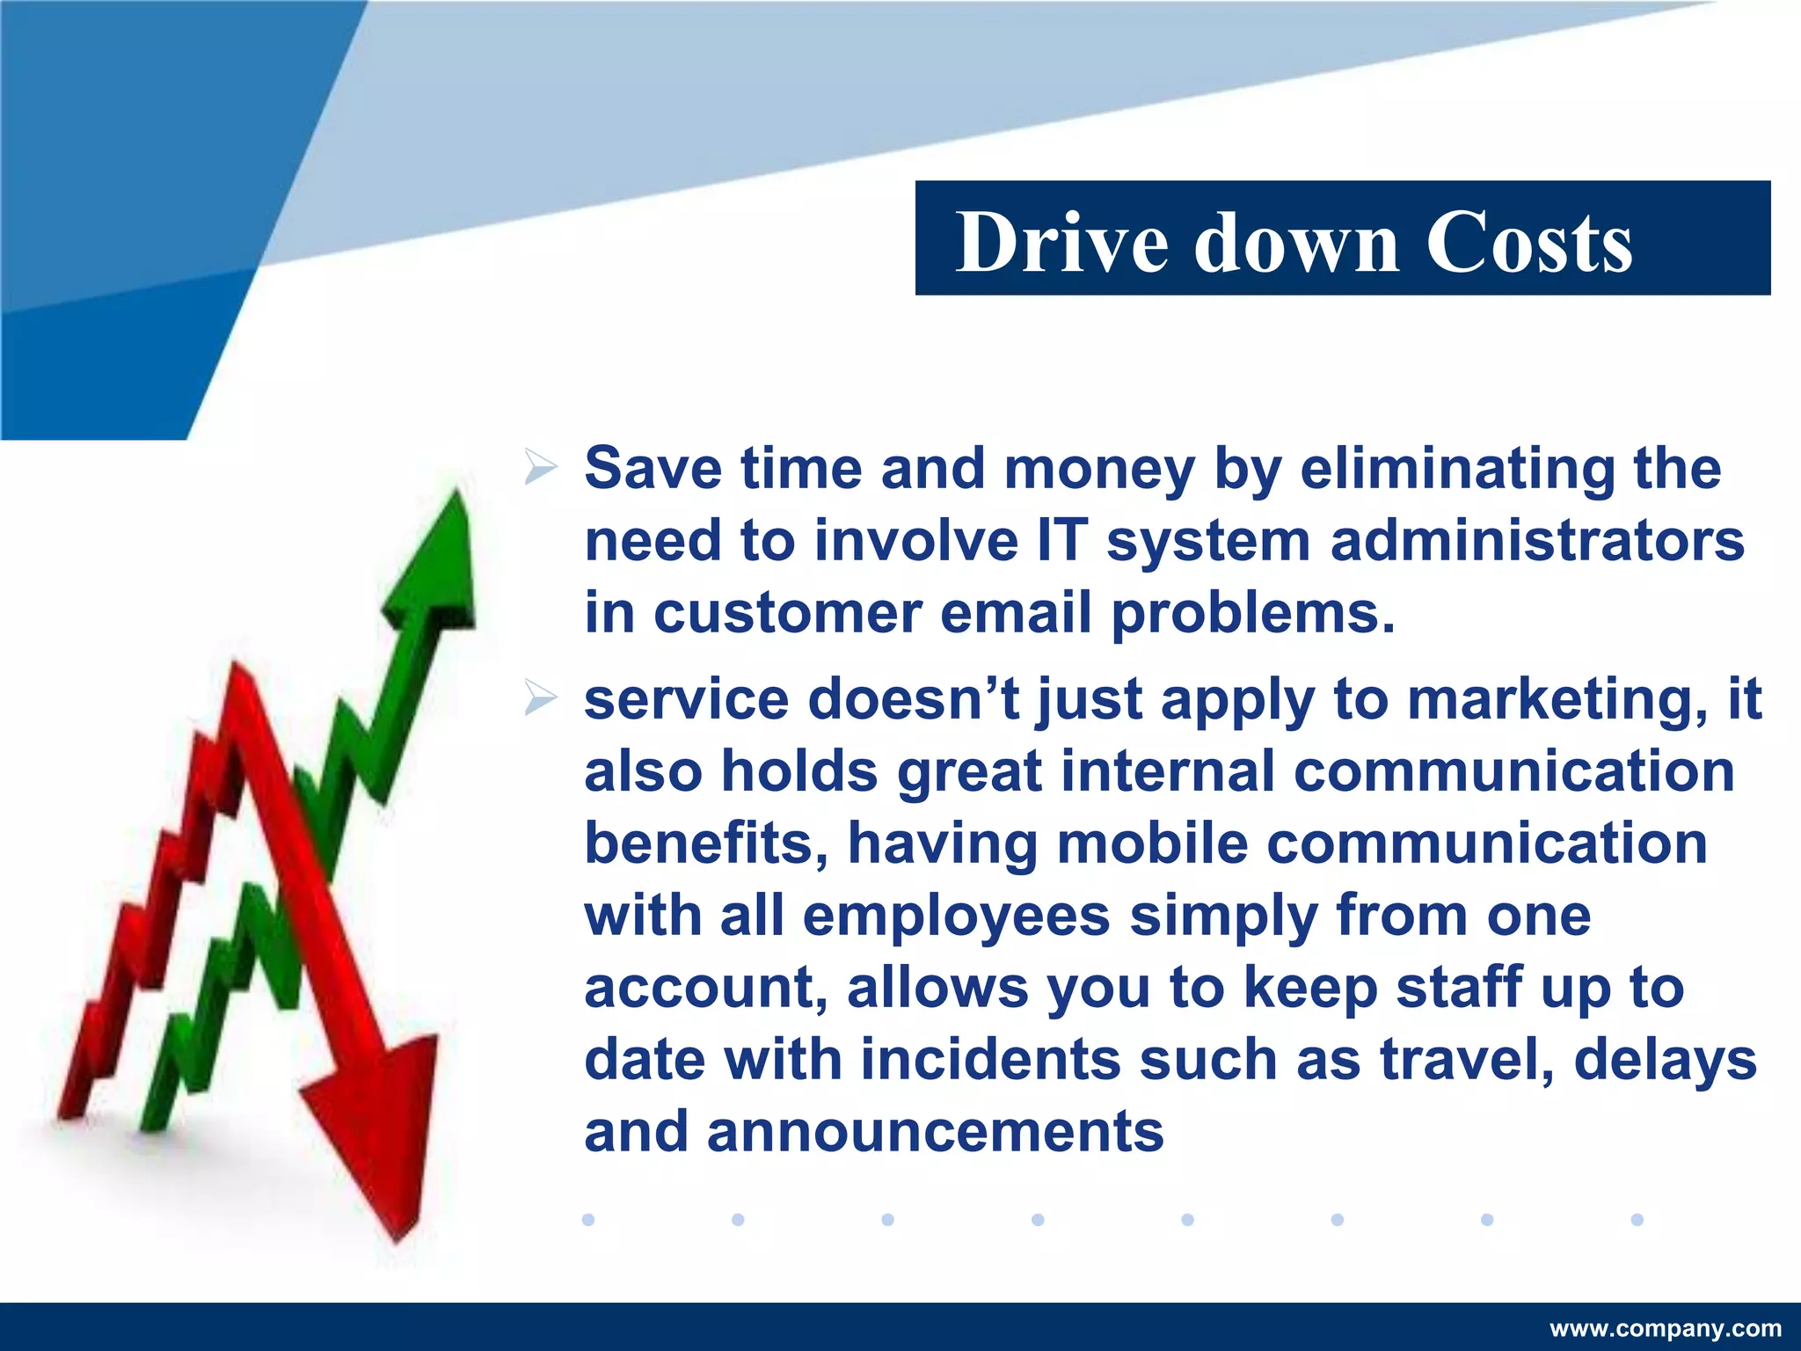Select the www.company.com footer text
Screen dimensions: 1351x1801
(1666, 1328)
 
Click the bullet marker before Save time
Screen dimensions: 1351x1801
(540, 467)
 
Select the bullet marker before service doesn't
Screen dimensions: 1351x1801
(540, 698)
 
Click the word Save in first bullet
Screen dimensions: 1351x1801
(652, 468)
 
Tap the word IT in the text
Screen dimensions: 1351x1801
(1061, 540)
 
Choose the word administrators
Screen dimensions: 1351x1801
(1536, 540)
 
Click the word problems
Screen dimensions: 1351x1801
(1252, 613)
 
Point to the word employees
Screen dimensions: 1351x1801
(956, 916)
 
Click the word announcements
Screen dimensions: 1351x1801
(935, 1132)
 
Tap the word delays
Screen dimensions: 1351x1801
(1665, 1060)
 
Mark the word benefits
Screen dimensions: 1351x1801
(706, 844)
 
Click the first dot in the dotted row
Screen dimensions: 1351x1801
(588, 1219)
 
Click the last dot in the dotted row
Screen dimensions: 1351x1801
(1637, 1219)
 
